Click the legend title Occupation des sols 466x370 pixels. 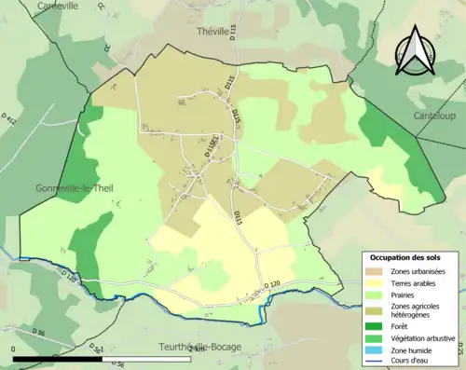tap(409, 257)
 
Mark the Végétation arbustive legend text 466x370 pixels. tap(426, 338)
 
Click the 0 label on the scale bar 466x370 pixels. tap(14, 349)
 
